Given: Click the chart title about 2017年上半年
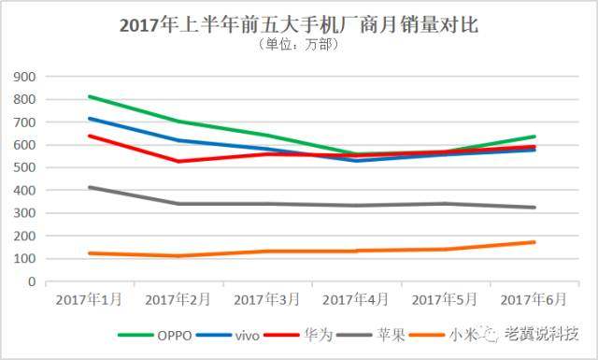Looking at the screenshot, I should tap(298, 25).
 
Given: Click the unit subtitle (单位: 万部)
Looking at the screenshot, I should tap(298, 44).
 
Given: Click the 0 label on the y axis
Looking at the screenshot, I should tap(31, 281).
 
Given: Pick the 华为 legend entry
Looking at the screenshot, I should tap(319, 334).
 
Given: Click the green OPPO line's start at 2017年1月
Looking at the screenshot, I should tap(88, 96).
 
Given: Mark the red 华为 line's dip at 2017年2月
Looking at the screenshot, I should tap(178, 161).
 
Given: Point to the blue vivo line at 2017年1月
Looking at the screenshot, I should tap(88, 119).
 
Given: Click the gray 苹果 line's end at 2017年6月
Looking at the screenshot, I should tap(534, 208).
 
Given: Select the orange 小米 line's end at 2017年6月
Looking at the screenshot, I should tap(534, 242).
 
